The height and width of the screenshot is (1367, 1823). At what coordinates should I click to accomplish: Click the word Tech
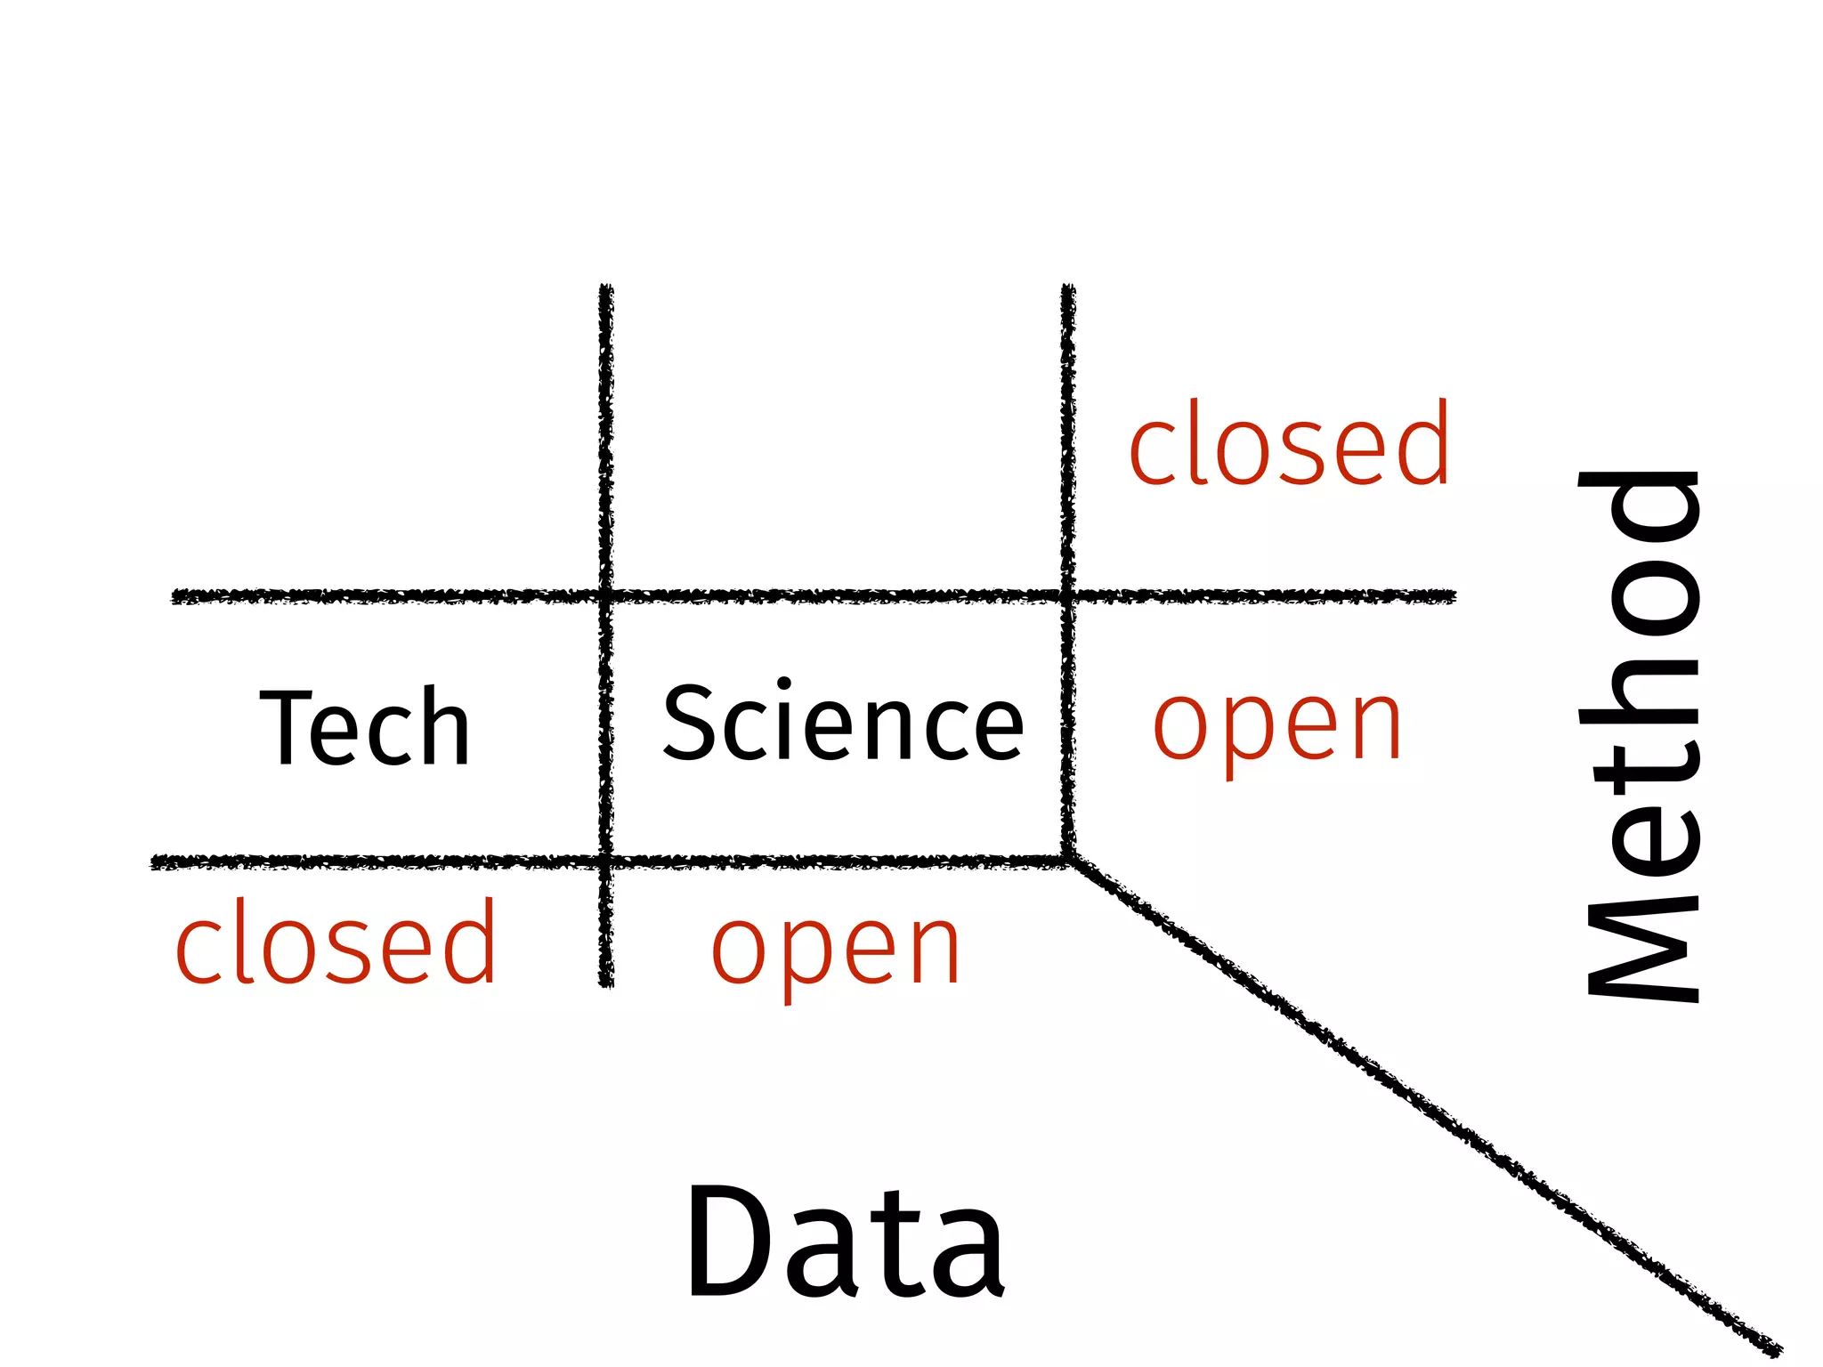(x=365, y=727)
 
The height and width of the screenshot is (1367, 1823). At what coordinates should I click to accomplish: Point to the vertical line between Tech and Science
(x=606, y=725)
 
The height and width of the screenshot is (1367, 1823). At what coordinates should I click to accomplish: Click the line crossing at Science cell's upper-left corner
(x=606, y=595)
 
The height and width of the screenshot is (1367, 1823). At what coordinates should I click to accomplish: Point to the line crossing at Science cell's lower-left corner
(x=606, y=861)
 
